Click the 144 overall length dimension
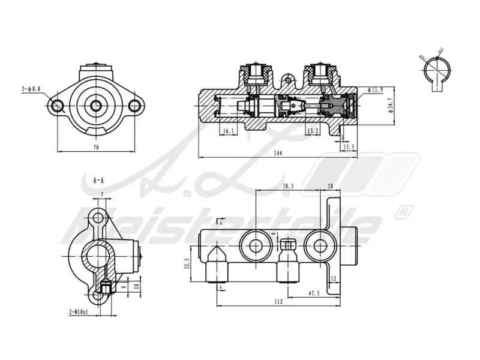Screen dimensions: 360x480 pyautogui.click(x=277, y=154)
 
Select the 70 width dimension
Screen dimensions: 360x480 pyautogui.click(x=96, y=147)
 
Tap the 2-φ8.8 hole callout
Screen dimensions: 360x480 pyautogui.click(x=31, y=89)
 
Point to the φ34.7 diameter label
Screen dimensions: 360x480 pyautogui.click(x=391, y=106)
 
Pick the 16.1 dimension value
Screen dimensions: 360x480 pyautogui.click(x=228, y=130)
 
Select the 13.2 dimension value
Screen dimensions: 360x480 pyautogui.click(x=312, y=130)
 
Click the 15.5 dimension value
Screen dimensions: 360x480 pyautogui.click(x=348, y=146)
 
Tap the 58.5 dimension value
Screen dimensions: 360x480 pyautogui.click(x=288, y=187)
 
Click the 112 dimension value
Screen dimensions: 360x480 pyautogui.click(x=278, y=302)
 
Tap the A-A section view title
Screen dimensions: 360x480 pyautogui.click(x=98, y=179)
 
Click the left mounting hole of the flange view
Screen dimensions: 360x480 pyautogui.click(x=58, y=106)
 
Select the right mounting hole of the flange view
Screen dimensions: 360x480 pyautogui.click(x=135, y=106)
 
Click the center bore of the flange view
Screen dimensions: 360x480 pyautogui.click(x=96, y=106)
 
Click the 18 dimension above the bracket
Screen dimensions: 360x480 pyautogui.click(x=329, y=187)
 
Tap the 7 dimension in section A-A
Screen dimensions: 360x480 pyautogui.click(x=102, y=194)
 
